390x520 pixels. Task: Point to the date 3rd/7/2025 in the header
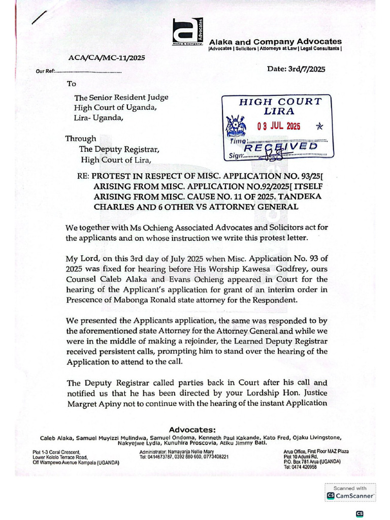click(296, 69)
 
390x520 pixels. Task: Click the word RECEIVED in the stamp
click(282, 147)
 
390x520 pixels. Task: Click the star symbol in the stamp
click(319, 126)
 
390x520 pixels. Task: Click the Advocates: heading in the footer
click(192, 430)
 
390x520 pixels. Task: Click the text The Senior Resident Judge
click(121, 97)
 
